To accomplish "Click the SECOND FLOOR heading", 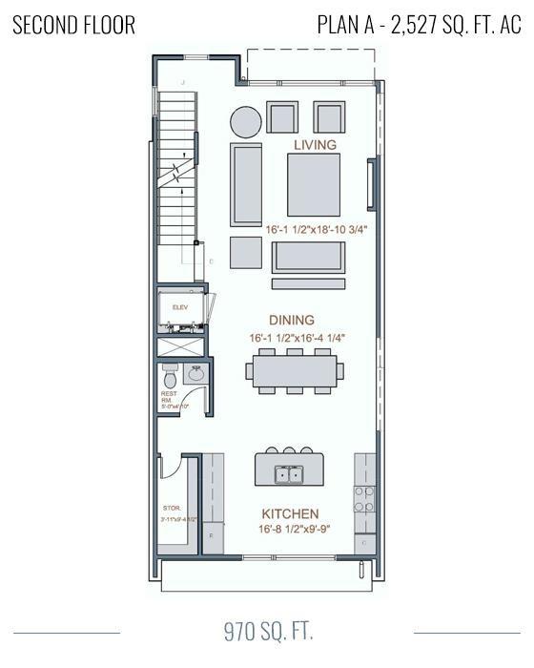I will click(x=74, y=25).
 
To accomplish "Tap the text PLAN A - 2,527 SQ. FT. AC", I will click(x=419, y=25).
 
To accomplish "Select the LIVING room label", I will click(x=315, y=145).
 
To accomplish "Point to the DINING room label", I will click(x=293, y=321).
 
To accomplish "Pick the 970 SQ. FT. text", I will click(x=268, y=631).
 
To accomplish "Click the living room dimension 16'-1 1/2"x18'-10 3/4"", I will click(x=316, y=230).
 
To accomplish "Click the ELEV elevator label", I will click(x=179, y=307).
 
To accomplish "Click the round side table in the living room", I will click(x=245, y=122).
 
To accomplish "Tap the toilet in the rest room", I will click(x=171, y=371).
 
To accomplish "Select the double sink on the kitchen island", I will click(x=289, y=473).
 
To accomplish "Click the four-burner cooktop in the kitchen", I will click(x=364, y=500).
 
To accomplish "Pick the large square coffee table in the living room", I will click(x=315, y=184).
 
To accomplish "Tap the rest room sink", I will click(x=196, y=373).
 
